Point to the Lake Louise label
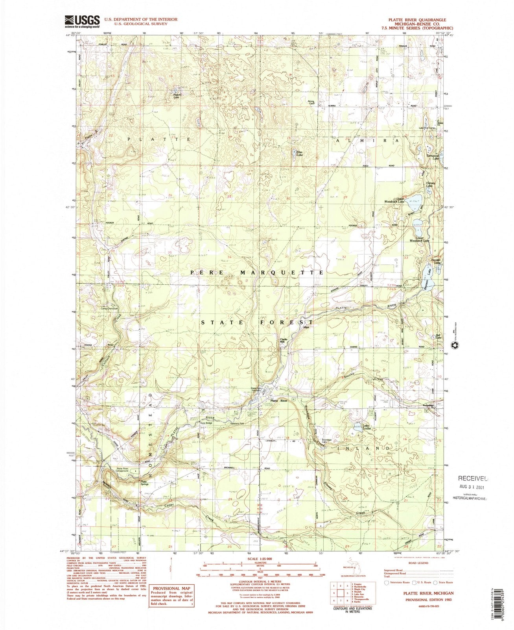[x=366, y=430]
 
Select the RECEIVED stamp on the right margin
[x=472, y=479]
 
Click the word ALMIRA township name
[x=368, y=140]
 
